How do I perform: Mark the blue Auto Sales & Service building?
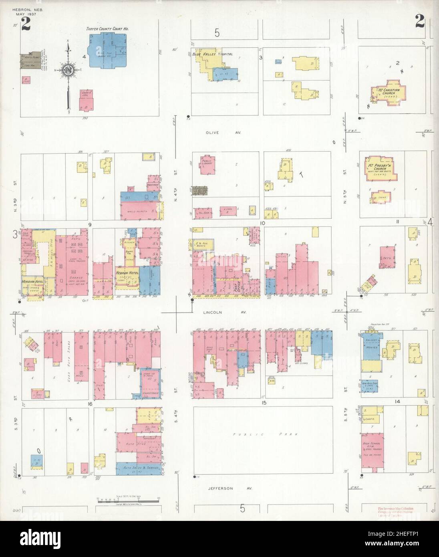tap(139, 468)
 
